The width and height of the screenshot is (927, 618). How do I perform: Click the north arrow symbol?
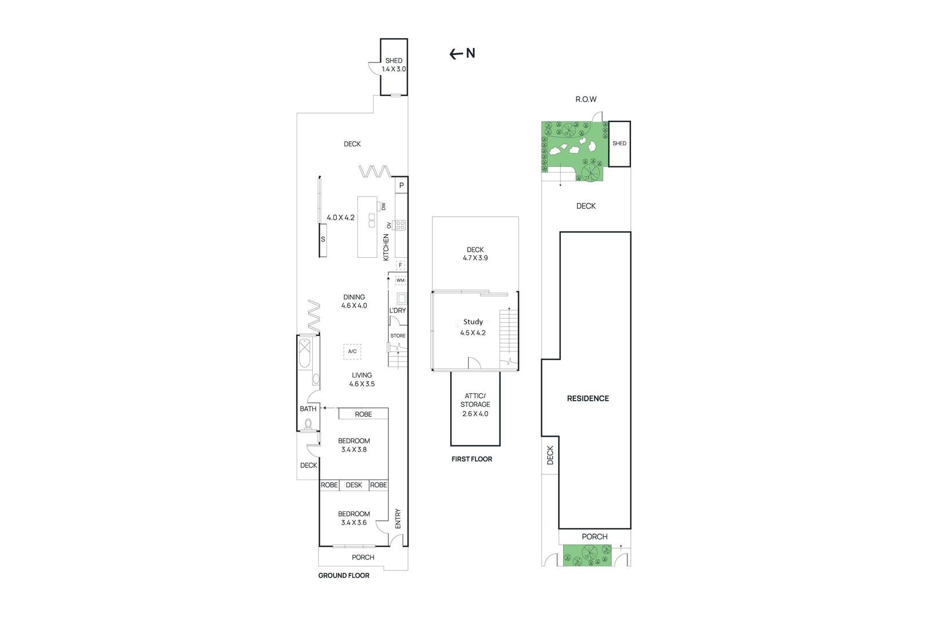(x=462, y=54)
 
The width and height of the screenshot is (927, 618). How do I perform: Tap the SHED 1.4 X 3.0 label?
(x=393, y=65)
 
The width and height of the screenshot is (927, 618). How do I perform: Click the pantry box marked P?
(x=401, y=186)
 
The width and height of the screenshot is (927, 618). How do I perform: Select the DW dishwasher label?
(x=383, y=206)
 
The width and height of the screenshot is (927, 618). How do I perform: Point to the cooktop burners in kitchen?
(x=399, y=225)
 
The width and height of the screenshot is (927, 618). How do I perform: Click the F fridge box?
(x=400, y=265)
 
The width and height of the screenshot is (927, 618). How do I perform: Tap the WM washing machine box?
(x=400, y=280)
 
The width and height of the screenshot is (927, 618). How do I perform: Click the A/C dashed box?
(x=352, y=352)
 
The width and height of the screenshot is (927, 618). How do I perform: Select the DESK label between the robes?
(x=353, y=485)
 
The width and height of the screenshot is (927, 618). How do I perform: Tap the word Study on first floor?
(x=473, y=322)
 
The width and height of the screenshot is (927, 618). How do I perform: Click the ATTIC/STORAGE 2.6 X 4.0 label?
(x=475, y=405)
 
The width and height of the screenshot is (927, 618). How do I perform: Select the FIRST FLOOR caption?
(x=472, y=459)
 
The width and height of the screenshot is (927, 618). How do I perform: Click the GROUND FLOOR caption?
(x=344, y=576)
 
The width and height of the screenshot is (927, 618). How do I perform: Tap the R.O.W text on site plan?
(x=586, y=100)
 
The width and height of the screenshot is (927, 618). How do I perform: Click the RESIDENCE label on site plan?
(x=587, y=398)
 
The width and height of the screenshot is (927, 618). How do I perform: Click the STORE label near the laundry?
(x=398, y=336)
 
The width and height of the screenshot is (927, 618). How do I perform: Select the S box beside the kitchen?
(x=323, y=239)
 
